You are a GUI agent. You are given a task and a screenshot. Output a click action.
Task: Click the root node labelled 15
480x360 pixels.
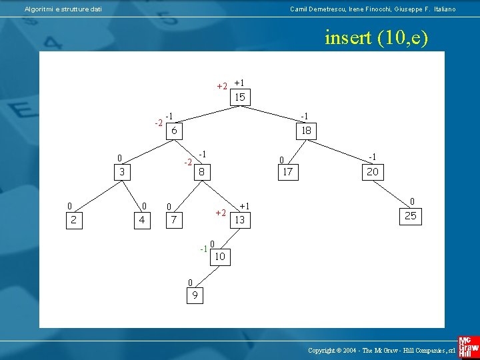pyautogui.click(x=239, y=97)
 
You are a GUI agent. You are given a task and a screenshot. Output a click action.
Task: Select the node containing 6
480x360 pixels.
pyautogui.click(x=173, y=131)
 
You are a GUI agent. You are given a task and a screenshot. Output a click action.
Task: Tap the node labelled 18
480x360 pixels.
pyautogui.click(x=306, y=131)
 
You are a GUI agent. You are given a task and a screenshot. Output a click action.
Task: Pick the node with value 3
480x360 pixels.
pyautogui.click(x=122, y=172)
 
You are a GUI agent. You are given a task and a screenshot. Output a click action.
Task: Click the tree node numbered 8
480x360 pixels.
pyautogui.click(x=200, y=172)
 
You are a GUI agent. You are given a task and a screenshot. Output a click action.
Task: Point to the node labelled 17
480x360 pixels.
pyautogui.click(x=287, y=172)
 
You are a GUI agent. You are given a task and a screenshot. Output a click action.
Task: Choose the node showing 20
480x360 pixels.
pyautogui.click(x=371, y=172)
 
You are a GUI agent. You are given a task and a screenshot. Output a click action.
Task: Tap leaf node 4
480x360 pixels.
pyautogui.click(x=141, y=219)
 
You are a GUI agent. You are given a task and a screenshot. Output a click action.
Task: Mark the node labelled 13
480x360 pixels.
pyautogui.click(x=239, y=219)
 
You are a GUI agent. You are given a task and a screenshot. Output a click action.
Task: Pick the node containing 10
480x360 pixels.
pyautogui.click(x=219, y=257)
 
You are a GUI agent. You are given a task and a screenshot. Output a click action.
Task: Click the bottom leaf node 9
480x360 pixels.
pyautogui.click(x=194, y=295)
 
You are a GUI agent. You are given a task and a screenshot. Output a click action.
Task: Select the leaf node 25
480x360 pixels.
pyautogui.click(x=410, y=215)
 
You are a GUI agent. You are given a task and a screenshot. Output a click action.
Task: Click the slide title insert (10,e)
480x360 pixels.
pyautogui.click(x=375, y=38)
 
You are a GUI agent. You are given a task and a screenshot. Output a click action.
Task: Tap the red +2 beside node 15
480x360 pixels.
pyautogui.click(x=222, y=86)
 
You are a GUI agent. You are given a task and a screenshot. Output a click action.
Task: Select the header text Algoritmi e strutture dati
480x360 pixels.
pyautogui.click(x=63, y=9)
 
